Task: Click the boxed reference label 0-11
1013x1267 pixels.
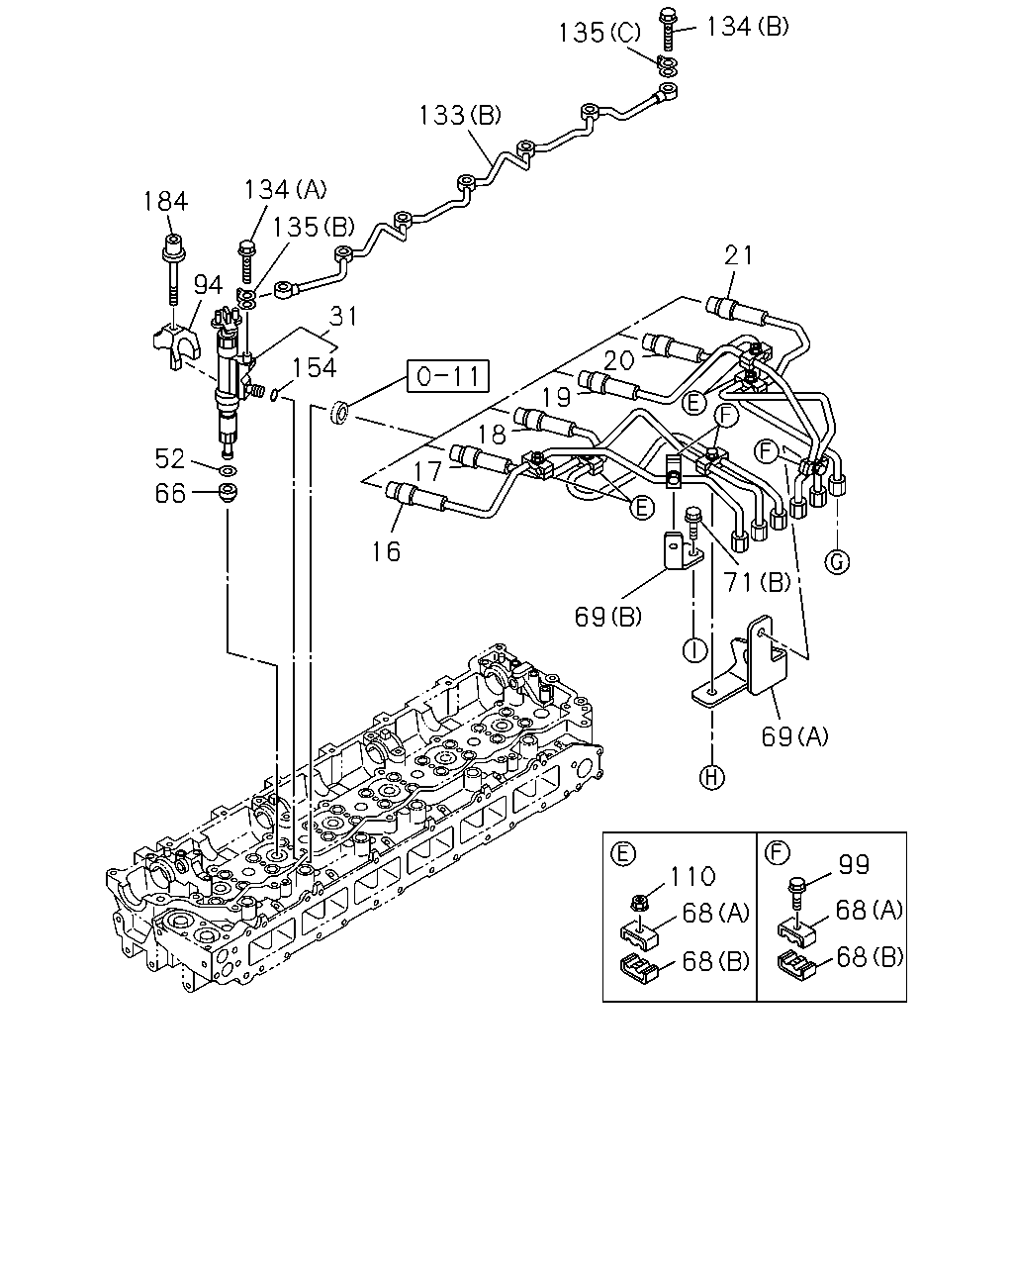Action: click(447, 375)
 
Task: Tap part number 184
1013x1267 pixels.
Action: click(165, 201)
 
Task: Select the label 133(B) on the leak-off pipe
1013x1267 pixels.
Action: click(460, 115)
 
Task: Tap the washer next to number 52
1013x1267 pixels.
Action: click(228, 471)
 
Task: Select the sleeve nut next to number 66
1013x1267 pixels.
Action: click(228, 492)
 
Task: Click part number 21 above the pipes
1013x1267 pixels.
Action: click(739, 255)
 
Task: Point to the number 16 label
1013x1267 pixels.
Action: click(386, 551)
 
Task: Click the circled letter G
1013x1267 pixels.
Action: click(836, 561)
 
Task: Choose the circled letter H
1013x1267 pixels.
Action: click(711, 777)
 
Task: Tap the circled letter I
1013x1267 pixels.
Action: click(694, 650)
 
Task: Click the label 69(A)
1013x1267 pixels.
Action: click(794, 735)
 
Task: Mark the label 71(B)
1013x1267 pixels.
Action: click(757, 582)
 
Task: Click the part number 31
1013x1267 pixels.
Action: click(343, 316)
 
